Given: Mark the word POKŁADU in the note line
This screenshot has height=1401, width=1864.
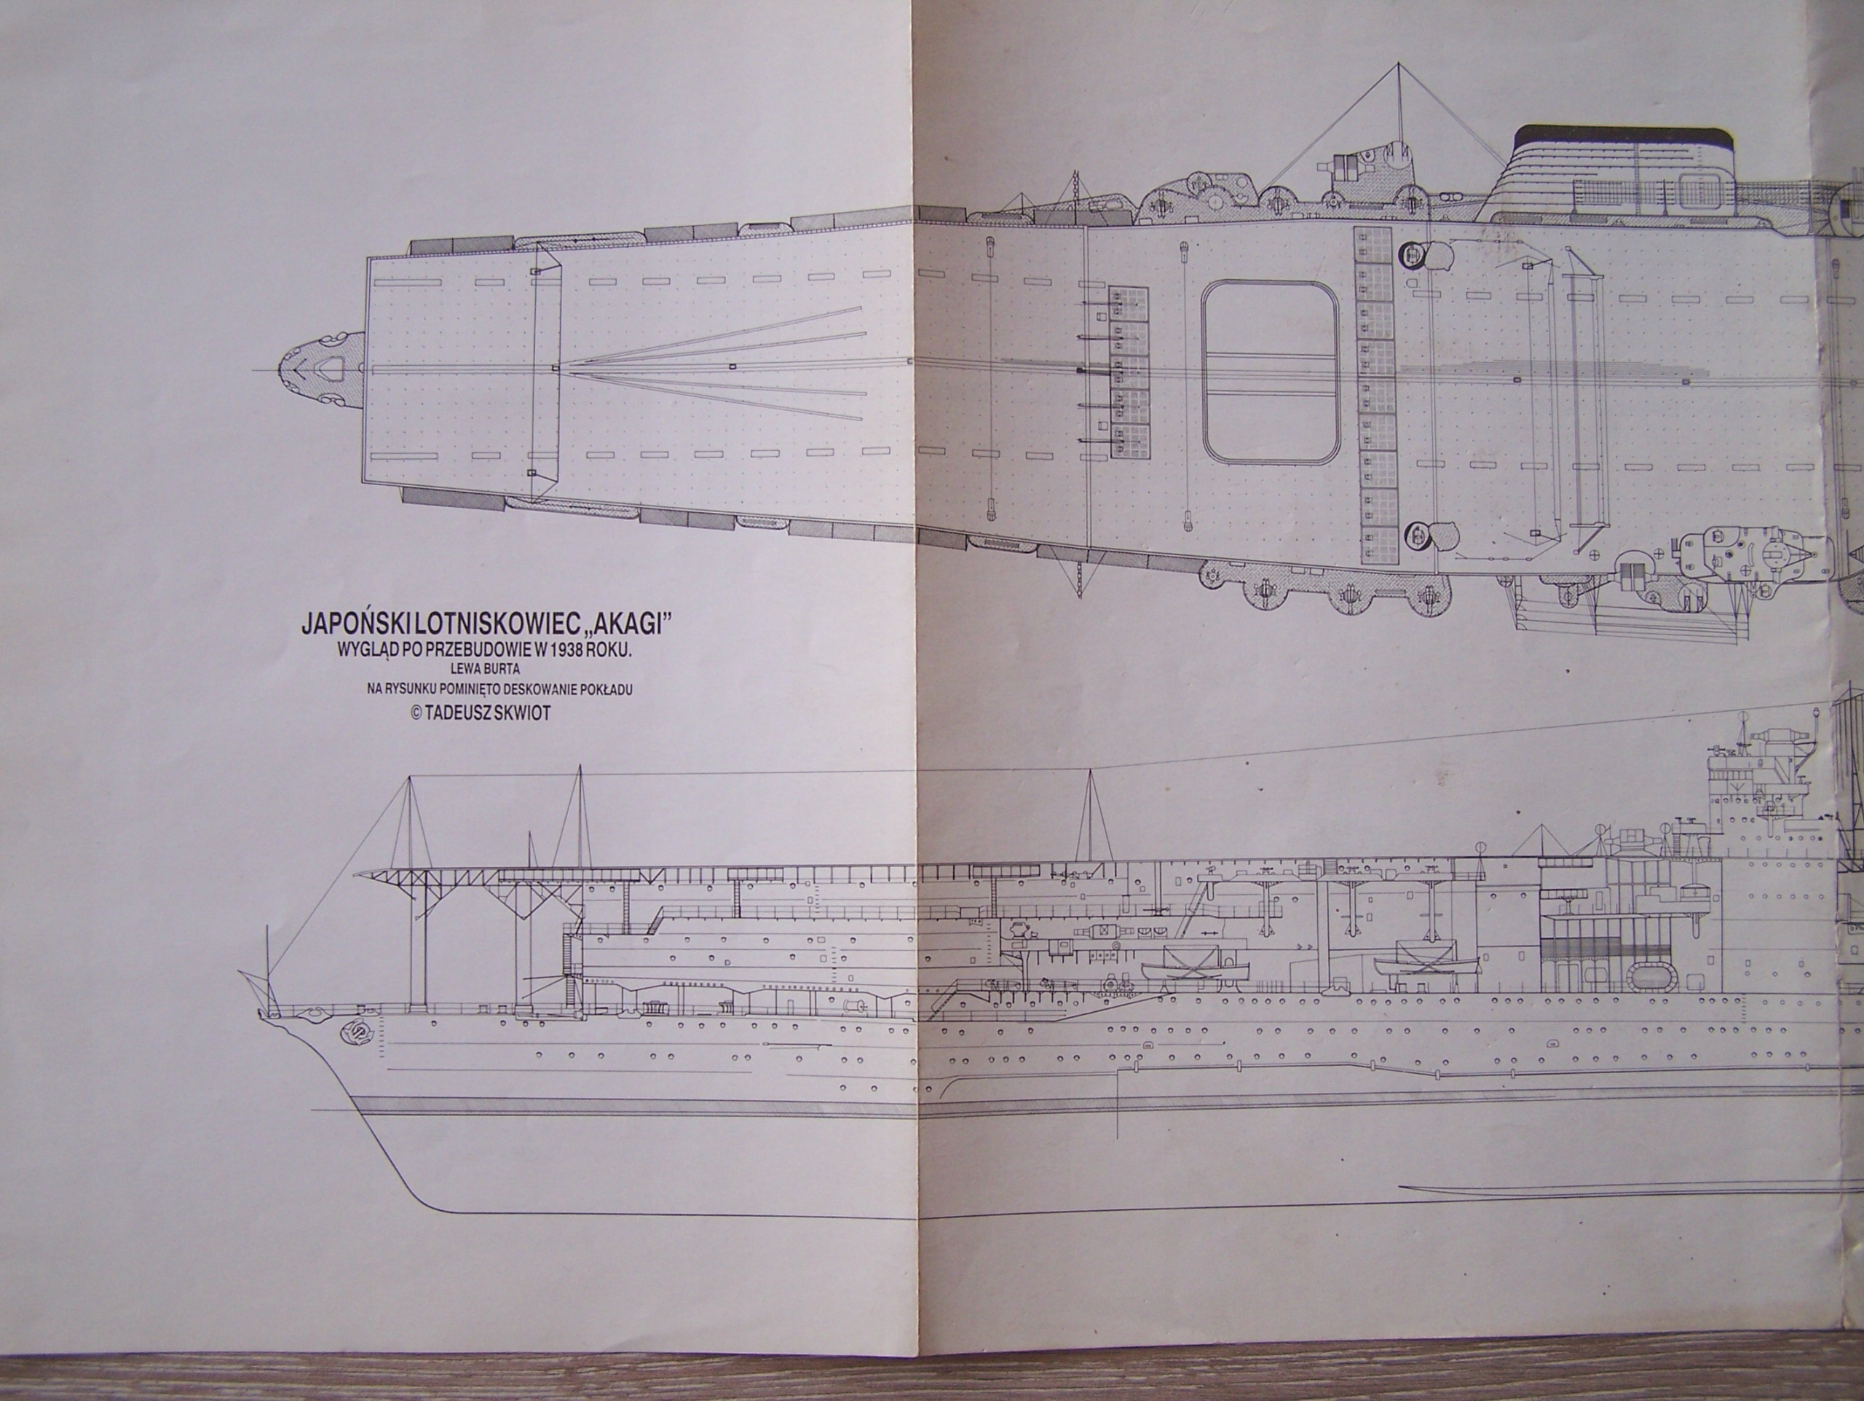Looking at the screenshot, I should pyautogui.click(x=604, y=688).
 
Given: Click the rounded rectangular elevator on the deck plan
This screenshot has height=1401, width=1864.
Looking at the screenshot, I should pyautogui.click(x=1270, y=372).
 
